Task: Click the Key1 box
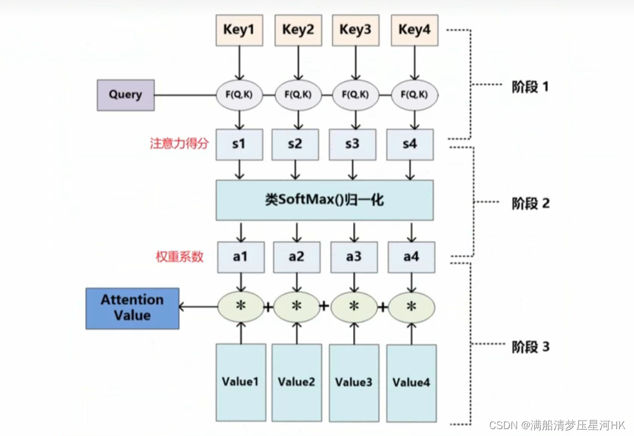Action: [239, 30]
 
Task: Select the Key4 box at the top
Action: [414, 30]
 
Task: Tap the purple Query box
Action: [125, 95]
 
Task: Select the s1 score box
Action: [239, 144]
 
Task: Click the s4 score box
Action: [410, 144]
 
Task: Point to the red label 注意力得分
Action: [179, 144]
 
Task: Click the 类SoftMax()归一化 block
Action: [324, 200]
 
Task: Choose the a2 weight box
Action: [297, 257]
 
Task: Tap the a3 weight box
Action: [354, 257]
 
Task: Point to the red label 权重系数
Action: [179, 257]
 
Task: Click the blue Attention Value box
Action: [132, 308]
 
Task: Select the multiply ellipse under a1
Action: [241, 307]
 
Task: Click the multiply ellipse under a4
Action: [411, 307]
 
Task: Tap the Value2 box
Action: [296, 382]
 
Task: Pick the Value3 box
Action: [354, 382]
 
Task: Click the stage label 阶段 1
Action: [530, 88]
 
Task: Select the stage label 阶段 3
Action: [530, 347]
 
